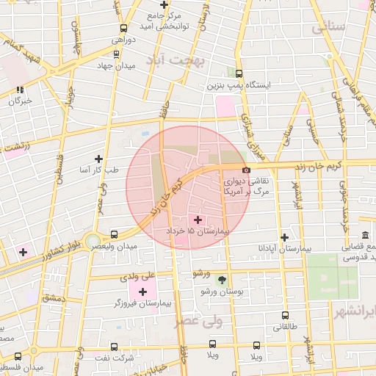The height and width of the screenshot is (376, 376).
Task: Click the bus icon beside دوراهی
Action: point(123,29)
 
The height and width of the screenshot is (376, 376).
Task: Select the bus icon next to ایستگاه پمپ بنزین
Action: point(239,73)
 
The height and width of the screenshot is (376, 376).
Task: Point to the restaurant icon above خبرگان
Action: point(20,90)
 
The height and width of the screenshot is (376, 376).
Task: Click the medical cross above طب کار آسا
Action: point(99,158)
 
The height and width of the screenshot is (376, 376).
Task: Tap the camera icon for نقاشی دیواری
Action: point(246,170)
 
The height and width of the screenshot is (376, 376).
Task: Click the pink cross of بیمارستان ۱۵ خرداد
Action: point(198,220)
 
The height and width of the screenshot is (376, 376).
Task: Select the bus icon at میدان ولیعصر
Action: point(114,235)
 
